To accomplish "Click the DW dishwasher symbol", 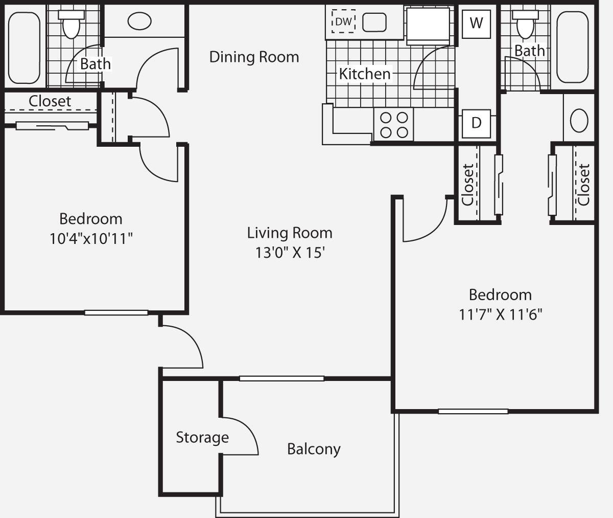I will [x=344, y=21].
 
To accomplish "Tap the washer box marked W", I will [x=476, y=24].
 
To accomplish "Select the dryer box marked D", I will [x=476, y=123].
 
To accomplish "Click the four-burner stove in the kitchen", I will [x=394, y=125].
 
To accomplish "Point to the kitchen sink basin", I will [x=374, y=22].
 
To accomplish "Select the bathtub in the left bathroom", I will [x=24, y=47].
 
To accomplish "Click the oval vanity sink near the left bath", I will [x=139, y=21].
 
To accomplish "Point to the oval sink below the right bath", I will [x=579, y=121].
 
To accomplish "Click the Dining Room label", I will [x=254, y=57].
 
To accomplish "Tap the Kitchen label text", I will [x=365, y=74].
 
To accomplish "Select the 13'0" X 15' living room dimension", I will [x=290, y=253].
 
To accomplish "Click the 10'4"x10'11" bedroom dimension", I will [x=91, y=238].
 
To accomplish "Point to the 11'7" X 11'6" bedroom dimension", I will [x=500, y=314].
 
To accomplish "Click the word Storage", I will [x=202, y=438].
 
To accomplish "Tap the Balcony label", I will [x=314, y=449].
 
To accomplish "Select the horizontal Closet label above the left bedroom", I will [x=50, y=101].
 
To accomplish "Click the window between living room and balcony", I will [x=281, y=378].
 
